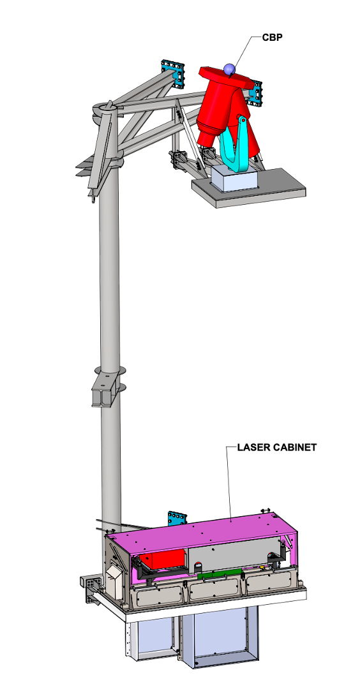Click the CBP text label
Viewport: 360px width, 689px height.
tap(272, 38)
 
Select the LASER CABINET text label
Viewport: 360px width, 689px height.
tap(277, 447)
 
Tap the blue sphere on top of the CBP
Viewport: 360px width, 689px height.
tap(229, 69)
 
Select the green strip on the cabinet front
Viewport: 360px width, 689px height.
tap(220, 574)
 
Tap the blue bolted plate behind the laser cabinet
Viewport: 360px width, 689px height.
tap(177, 519)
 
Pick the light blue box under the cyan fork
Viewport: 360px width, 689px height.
tap(235, 179)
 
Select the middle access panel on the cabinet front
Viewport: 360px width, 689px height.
tap(214, 588)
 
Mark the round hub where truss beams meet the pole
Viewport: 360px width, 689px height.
tap(106, 107)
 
